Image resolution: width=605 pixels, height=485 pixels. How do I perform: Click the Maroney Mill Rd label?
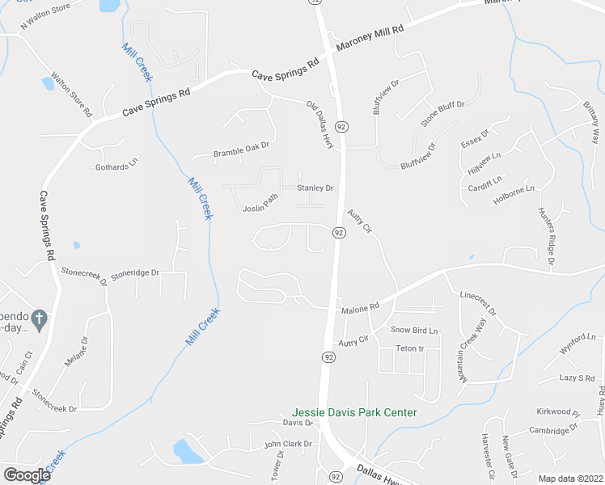click(x=369, y=38)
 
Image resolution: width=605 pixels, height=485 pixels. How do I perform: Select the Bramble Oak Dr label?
click(x=240, y=151)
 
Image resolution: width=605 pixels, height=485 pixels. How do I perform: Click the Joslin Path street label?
click(x=260, y=203)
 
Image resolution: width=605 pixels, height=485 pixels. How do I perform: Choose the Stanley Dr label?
click(x=315, y=188)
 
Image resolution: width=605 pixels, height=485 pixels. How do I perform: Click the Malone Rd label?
click(x=360, y=308)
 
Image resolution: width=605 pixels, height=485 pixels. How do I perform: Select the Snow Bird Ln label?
click(x=413, y=330)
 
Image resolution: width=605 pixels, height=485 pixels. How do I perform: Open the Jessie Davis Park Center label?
click(x=354, y=412)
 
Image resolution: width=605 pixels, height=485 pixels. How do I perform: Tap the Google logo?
click(x=27, y=475)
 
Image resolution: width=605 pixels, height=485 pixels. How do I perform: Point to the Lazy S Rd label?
click(x=577, y=377)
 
